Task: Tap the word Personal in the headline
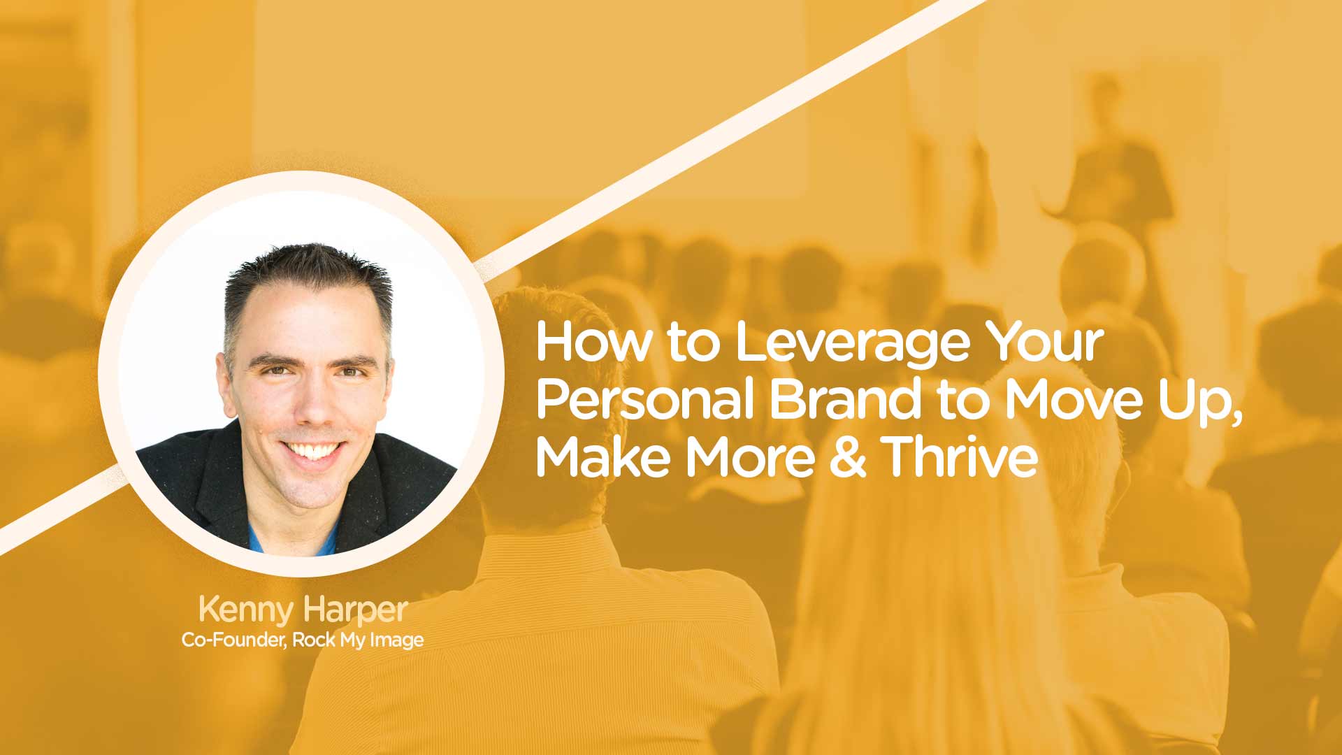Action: tap(644, 400)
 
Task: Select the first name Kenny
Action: tap(246, 610)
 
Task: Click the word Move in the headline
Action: tap(1072, 400)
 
